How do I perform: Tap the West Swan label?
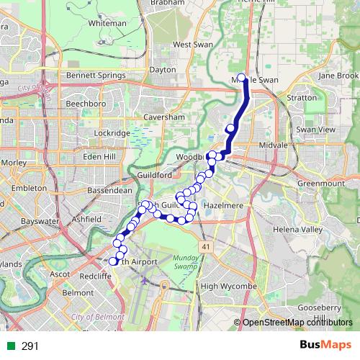click(x=192, y=45)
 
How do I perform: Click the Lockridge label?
click(x=112, y=132)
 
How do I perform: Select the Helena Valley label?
click(x=297, y=230)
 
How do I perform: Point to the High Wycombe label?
click(x=228, y=287)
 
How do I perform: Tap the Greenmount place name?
click(x=320, y=184)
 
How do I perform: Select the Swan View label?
click(x=315, y=129)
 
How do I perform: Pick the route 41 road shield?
click(x=206, y=246)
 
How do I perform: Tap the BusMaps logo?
click(x=325, y=346)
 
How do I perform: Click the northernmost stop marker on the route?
click(x=241, y=78)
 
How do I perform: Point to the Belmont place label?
click(x=78, y=293)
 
